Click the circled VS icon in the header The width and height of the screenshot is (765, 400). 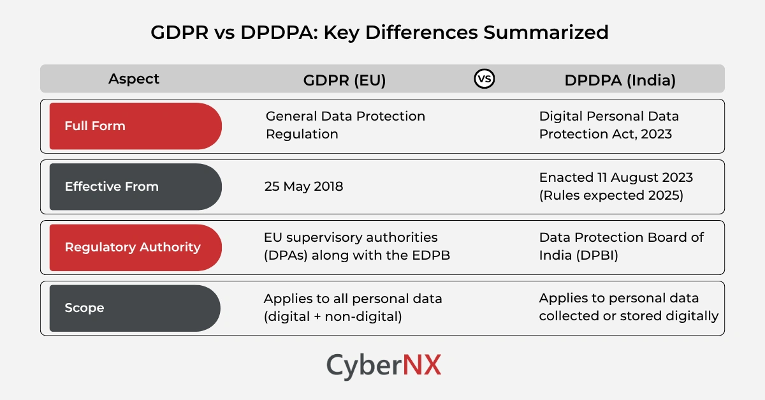[x=484, y=79]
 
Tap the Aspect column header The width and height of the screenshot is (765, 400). [x=134, y=79]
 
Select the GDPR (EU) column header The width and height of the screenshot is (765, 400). [x=344, y=80]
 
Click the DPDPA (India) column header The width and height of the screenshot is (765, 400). [x=620, y=80]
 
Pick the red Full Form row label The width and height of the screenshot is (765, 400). [x=135, y=126]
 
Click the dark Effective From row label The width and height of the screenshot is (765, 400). [x=135, y=186]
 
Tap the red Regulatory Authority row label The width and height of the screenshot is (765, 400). [x=135, y=247]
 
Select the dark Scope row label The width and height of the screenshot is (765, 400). [x=135, y=307]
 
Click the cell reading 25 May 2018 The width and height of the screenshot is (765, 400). [x=303, y=186]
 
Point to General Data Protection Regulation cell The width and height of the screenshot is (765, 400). [x=344, y=125]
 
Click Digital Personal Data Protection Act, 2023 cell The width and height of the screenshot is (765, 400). [x=609, y=125]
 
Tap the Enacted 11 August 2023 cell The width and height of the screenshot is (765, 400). [x=615, y=186]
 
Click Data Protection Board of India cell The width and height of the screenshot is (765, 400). [x=621, y=246]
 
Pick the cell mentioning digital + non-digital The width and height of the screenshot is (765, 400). [x=353, y=307]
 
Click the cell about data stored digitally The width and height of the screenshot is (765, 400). [x=629, y=307]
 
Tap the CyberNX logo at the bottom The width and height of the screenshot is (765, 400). [x=383, y=366]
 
